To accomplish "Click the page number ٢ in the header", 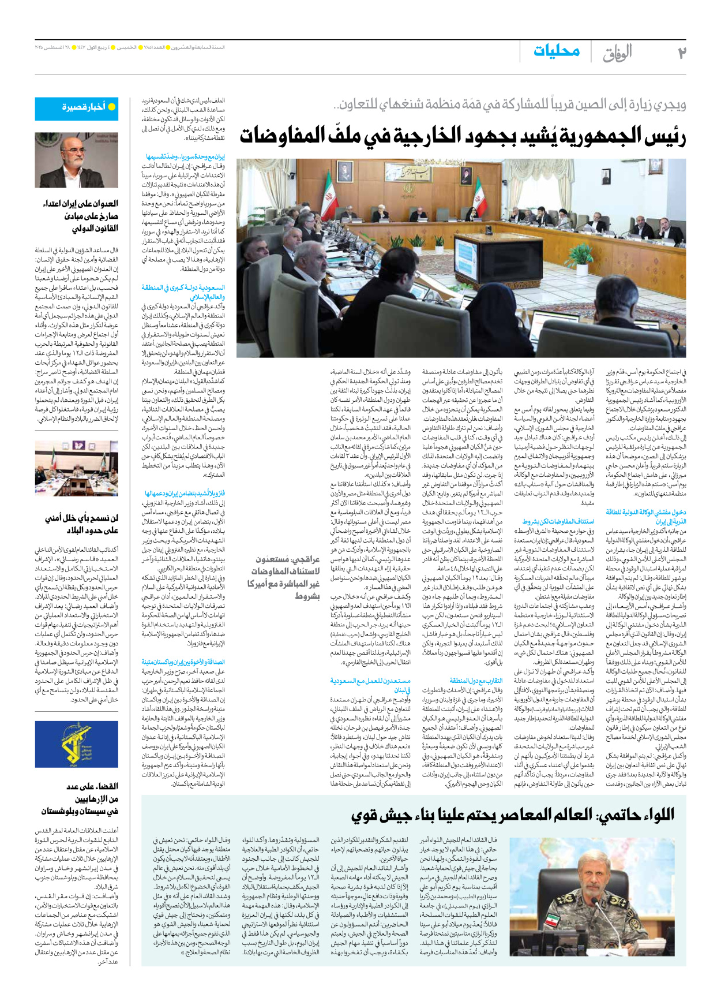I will [x=681, y=53].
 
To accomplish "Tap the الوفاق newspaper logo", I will [x=617, y=54].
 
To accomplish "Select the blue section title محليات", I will [x=556, y=51].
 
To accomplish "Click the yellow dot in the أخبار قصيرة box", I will [x=112, y=107].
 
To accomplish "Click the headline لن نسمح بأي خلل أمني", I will [x=81, y=524].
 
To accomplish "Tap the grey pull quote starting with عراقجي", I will [x=284, y=577].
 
